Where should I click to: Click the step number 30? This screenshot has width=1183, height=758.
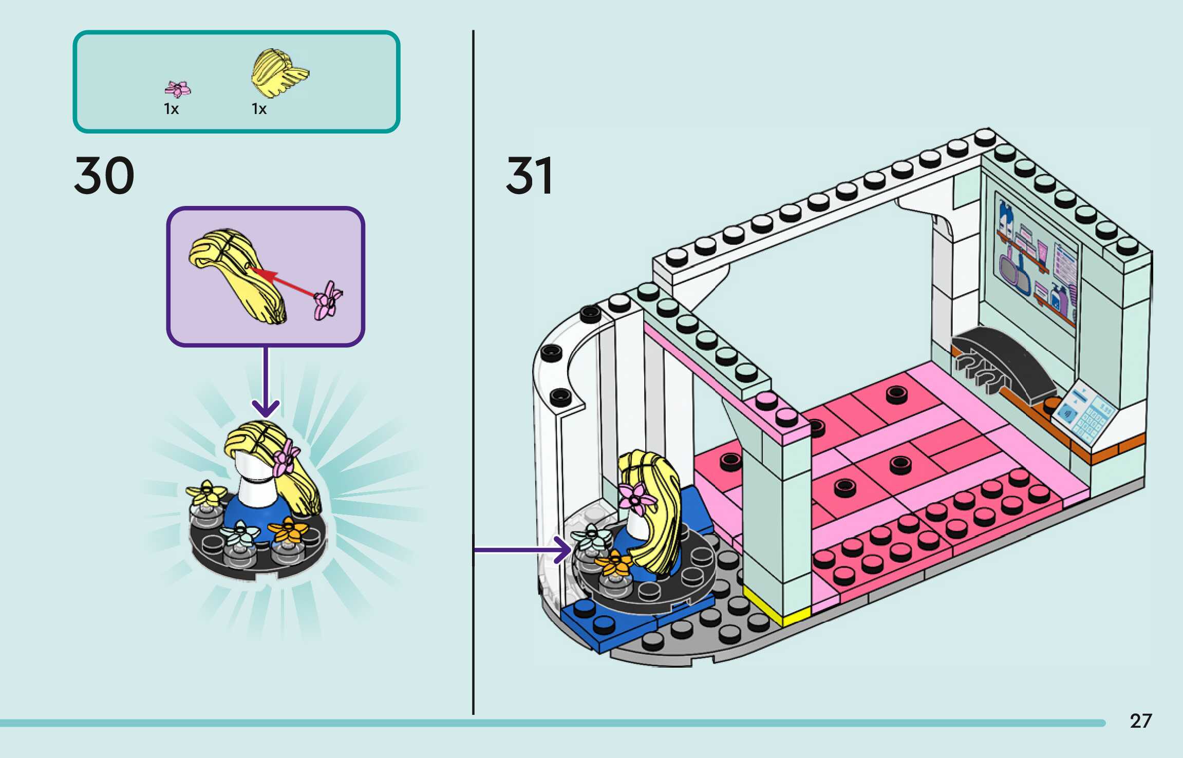pyautogui.click(x=104, y=176)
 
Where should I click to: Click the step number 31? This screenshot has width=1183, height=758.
pyautogui.click(x=529, y=176)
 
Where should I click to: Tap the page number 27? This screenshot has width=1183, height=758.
pyautogui.click(x=1140, y=721)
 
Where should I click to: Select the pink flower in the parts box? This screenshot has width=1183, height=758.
pyautogui.click(x=177, y=89)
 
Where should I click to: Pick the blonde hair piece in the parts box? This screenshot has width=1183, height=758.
pyautogui.click(x=278, y=72)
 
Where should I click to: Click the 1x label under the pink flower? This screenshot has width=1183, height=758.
pyautogui.click(x=171, y=109)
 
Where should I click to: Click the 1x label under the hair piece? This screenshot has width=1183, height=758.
pyautogui.click(x=259, y=109)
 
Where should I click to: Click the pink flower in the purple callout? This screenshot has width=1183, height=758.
pyautogui.click(x=328, y=300)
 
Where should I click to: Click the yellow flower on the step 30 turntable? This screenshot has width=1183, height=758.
pyautogui.click(x=205, y=492)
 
